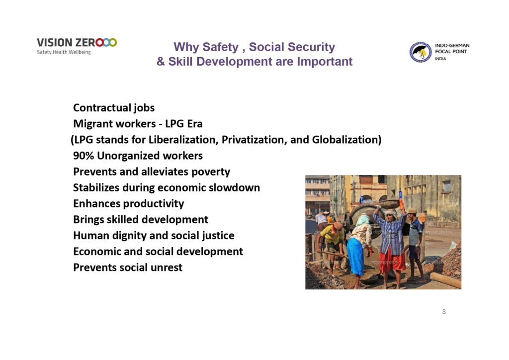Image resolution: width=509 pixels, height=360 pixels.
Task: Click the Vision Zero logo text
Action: click(x=77, y=43)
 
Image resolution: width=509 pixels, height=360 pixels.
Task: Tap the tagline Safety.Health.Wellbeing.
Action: click(x=64, y=52)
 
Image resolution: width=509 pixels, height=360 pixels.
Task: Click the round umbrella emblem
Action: click(x=421, y=52)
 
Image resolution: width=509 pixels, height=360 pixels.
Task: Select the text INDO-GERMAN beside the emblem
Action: click(x=452, y=45)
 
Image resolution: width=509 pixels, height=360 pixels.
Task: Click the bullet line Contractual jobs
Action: click(x=114, y=108)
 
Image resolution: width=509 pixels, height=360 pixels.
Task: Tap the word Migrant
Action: click(x=92, y=124)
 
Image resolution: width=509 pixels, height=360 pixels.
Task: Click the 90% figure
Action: click(x=84, y=156)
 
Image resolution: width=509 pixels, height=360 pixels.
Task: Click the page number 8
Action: click(x=444, y=312)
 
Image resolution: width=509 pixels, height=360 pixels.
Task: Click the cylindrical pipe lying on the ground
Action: click(x=445, y=280)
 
